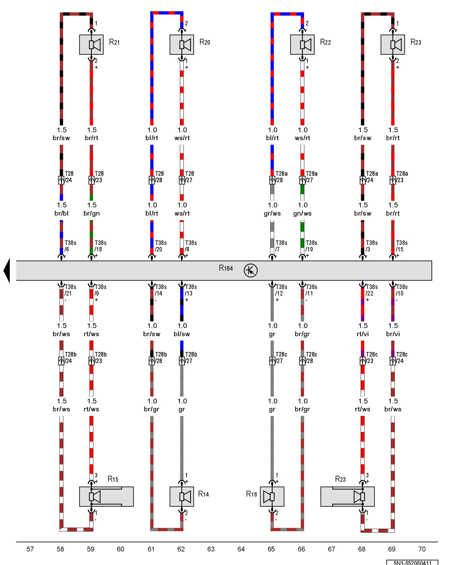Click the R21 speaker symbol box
[x=91, y=45]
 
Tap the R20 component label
[x=205, y=42]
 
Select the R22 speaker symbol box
[x=302, y=45]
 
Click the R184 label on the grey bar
[x=226, y=268]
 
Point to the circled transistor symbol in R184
[x=251, y=270]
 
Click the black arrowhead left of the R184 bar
[x=7, y=270]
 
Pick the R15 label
[x=113, y=479]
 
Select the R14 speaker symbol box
[x=182, y=496]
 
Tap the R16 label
[x=251, y=494]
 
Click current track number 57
[x=30, y=549]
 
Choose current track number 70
[x=421, y=549]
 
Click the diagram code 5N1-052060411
[x=412, y=563]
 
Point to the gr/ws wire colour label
[x=272, y=213]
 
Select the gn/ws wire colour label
[x=302, y=213]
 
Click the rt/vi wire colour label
[x=362, y=334]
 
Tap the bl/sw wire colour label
[x=182, y=334]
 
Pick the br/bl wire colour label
[x=61, y=213]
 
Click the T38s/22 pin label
[x=371, y=290]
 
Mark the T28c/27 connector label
[x=281, y=358]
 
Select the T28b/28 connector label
[x=161, y=358]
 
